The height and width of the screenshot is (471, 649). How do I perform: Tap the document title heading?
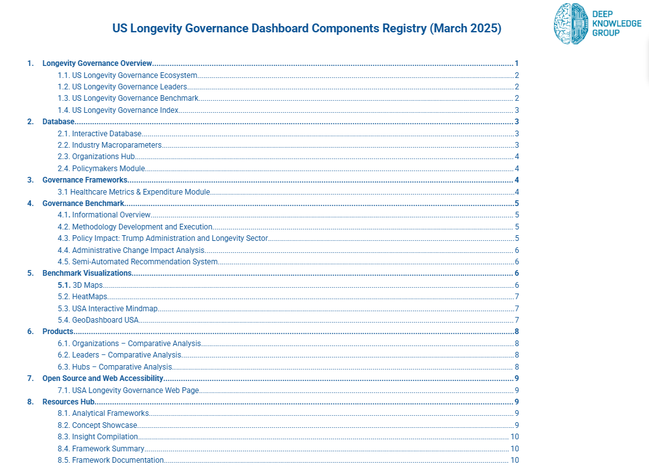pyautogui.click(x=307, y=29)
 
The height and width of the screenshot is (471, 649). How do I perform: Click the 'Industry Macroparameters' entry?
pyautogui.click(x=117, y=145)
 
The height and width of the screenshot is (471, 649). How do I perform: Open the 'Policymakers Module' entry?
pyautogui.click(x=108, y=169)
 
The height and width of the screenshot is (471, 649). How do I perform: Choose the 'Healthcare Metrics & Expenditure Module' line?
pyautogui.click(x=140, y=192)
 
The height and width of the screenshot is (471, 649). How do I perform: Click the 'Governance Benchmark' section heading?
pyautogui.click(x=83, y=203)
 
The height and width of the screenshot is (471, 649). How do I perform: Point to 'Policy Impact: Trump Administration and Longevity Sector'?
pyautogui.click(x=170, y=238)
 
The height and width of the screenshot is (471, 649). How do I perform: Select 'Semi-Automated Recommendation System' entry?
pyautogui.click(x=145, y=262)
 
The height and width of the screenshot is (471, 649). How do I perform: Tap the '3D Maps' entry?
pyautogui.click(x=87, y=285)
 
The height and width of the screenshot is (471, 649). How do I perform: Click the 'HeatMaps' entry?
pyautogui.click(x=89, y=297)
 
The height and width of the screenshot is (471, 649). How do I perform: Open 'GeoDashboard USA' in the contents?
pyautogui.click(x=105, y=320)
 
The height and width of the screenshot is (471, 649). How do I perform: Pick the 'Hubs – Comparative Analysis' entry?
pyautogui.click(x=122, y=367)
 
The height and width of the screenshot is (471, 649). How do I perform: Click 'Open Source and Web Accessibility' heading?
pyautogui.click(x=103, y=378)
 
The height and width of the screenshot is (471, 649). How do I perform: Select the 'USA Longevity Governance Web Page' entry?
pyautogui.click(x=136, y=390)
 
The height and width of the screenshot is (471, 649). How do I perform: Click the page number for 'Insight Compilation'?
pyautogui.click(x=515, y=437)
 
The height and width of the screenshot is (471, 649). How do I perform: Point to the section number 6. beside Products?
pyautogui.click(x=30, y=332)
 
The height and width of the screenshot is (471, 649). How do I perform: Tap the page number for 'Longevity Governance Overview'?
pyautogui.click(x=517, y=63)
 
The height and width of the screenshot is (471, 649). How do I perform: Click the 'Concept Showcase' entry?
pyautogui.click(x=105, y=425)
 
